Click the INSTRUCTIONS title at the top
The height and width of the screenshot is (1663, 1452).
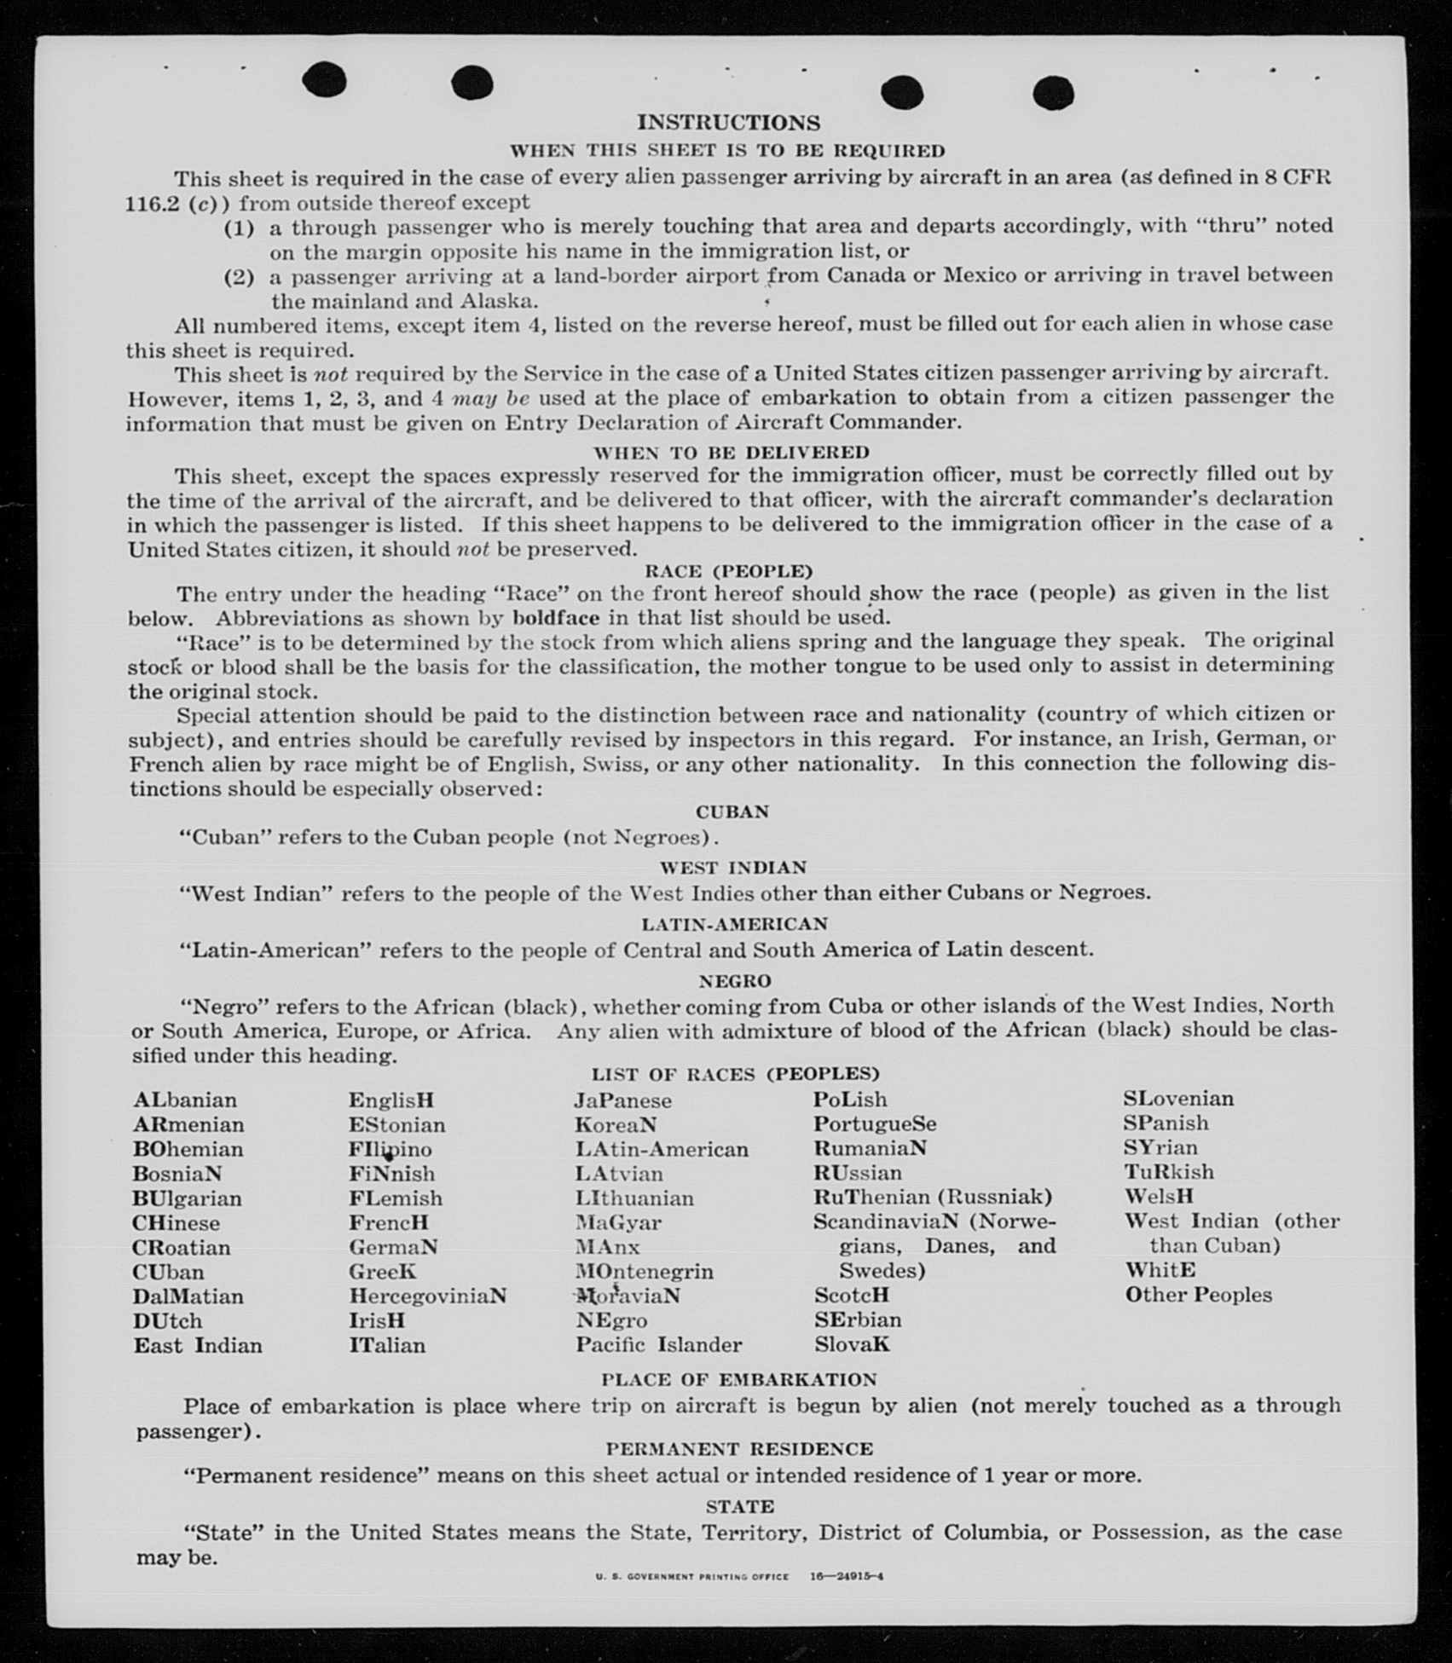pyautogui.click(x=728, y=123)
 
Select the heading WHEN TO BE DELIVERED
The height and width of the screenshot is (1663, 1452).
pyautogui.click(x=731, y=452)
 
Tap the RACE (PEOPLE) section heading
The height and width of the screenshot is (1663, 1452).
pyautogui.click(x=728, y=570)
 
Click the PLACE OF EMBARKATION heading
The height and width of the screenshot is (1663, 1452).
pyautogui.click(x=738, y=1379)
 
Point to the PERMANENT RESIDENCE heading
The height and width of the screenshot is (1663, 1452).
pyautogui.click(x=739, y=1449)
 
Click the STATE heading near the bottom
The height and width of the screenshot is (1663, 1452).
pyautogui.click(x=739, y=1506)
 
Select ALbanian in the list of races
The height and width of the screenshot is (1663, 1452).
pyautogui.click(x=185, y=1100)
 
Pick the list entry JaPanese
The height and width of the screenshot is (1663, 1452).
pyautogui.click(x=622, y=1100)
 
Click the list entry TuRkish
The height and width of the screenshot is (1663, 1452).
pyautogui.click(x=1168, y=1172)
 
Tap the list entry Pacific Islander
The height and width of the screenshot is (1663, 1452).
pyautogui.click(x=658, y=1345)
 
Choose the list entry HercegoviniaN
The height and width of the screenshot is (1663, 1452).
pyautogui.click(x=427, y=1296)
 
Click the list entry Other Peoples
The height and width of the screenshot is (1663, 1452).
pyautogui.click(x=1198, y=1295)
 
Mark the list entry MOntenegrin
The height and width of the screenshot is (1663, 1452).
pyautogui.click(x=644, y=1272)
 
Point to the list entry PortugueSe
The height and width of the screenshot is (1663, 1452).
pyautogui.click(x=874, y=1123)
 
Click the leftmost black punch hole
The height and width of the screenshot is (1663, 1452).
pyautogui.click(x=325, y=80)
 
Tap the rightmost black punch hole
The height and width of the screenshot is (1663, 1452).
pyautogui.click(x=1053, y=93)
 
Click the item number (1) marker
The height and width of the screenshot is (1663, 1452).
pyautogui.click(x=239, y=228)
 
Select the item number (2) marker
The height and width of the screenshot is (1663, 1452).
pyautogui.click(x=239, y=277)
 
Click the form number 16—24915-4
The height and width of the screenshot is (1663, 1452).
pyautogui.click(x=846, y=1576)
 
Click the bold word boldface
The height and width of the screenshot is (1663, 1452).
pyautogui.click(x=556, y=617)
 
